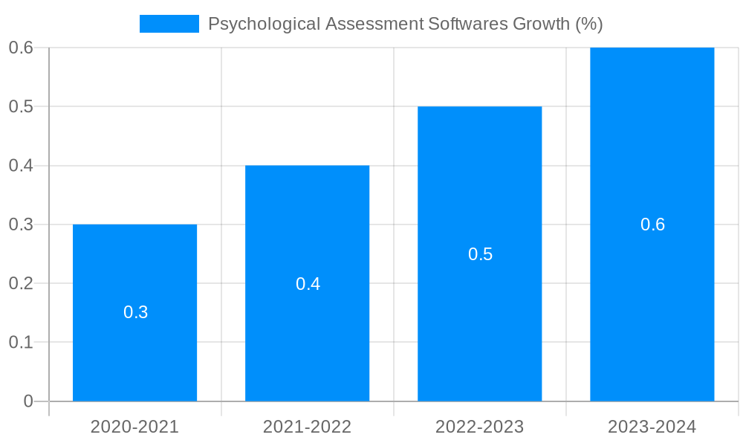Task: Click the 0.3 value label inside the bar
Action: tap(136, 312)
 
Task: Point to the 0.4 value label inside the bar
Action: tap(308, 284)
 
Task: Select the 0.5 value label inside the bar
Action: tap(481, 254)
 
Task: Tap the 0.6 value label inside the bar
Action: tap(653, 224)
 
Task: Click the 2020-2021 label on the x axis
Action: tap(134, 427)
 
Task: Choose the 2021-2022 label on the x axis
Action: tap(307, 427)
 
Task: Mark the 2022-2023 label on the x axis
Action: tap(479, 427)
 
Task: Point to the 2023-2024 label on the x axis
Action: tap(652, 427)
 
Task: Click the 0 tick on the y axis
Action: tap(28, 401)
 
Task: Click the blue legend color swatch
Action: tap(169, 24)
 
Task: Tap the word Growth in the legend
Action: tap(542, 24)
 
